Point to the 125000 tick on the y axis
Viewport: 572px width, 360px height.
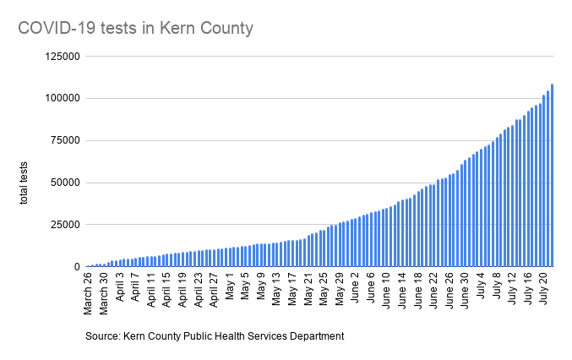tap(61, 57)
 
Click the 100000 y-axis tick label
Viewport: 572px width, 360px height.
tap(61, 98)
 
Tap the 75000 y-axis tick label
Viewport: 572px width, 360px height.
tap(63, 140)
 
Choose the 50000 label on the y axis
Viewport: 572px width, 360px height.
tap(63, 183)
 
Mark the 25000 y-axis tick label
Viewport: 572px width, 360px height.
tap(63, 224)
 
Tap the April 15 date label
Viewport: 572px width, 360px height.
tap(167, 292)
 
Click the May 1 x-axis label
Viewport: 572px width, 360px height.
tap(230, 287)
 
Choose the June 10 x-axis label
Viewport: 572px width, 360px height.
tap(386, 292)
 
